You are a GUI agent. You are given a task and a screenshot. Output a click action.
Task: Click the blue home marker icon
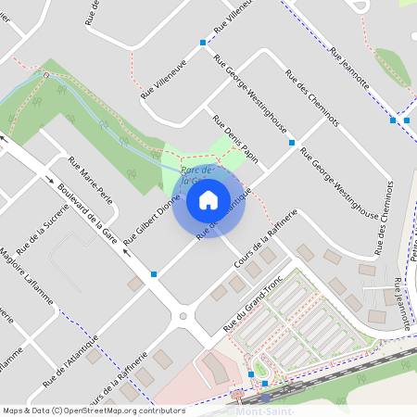[x=208, y=198]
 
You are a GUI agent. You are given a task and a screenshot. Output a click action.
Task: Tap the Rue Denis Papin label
[x=234, y=137]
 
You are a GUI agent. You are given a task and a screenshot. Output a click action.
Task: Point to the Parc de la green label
[x=197, y=176]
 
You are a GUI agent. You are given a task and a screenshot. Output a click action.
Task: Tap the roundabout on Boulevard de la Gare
[x=183, y=317]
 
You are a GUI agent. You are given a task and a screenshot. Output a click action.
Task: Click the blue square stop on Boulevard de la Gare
[x=154, y=274]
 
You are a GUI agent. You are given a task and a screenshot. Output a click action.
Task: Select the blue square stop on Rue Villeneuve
[x=203, y=43]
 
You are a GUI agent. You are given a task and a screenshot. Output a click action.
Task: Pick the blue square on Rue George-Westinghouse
[x=292, y=143]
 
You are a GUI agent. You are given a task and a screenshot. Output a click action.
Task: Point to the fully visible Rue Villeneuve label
[x=164, y=77]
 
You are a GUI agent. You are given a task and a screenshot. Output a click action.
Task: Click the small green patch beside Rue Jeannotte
[x=393, y=68]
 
